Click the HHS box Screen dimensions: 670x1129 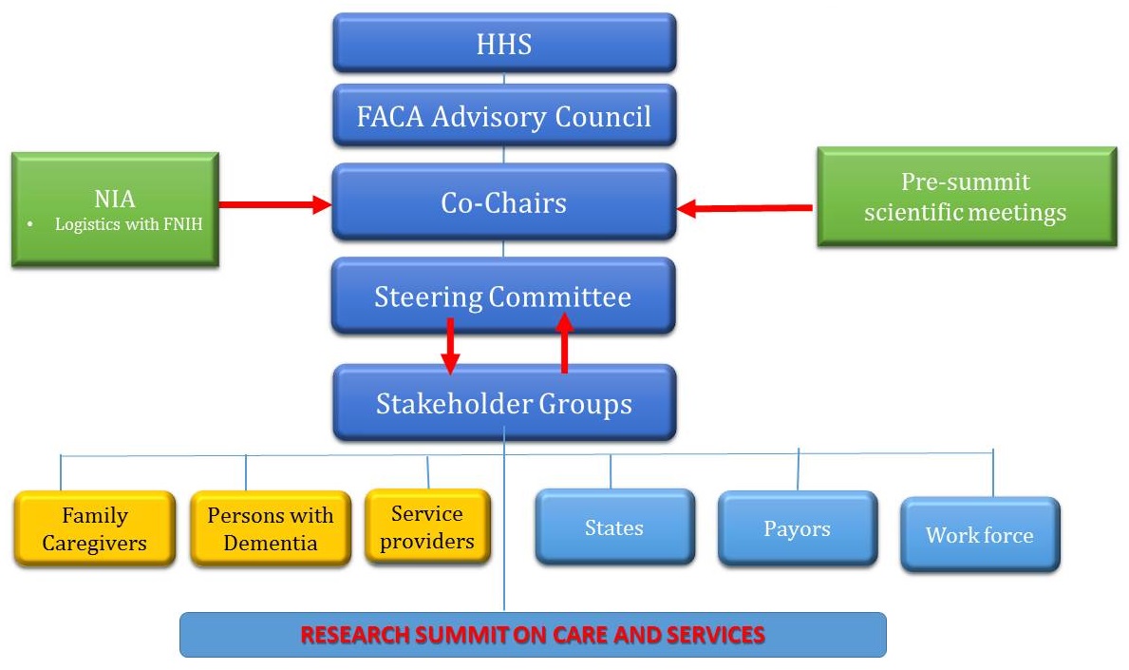click(503, 43)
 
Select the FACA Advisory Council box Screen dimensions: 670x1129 click(503, 116)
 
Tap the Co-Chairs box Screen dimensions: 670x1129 click(503, 201)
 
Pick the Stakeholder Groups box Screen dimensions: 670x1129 click(503, 403)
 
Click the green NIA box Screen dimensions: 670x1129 click(115, 209)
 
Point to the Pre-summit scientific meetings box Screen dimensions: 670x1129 click(966, 197)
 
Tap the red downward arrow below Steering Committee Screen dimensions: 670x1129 click(450, 348)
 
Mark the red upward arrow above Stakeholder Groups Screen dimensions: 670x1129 click(564, 344)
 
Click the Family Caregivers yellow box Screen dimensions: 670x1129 click(95, 528)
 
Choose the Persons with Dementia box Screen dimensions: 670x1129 click(271, 528)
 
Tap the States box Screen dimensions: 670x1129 click(614, 526)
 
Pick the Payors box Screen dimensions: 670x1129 click(797, 528)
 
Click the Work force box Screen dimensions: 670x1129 click(979, 534)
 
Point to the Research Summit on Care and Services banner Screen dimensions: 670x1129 click(533, 634)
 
